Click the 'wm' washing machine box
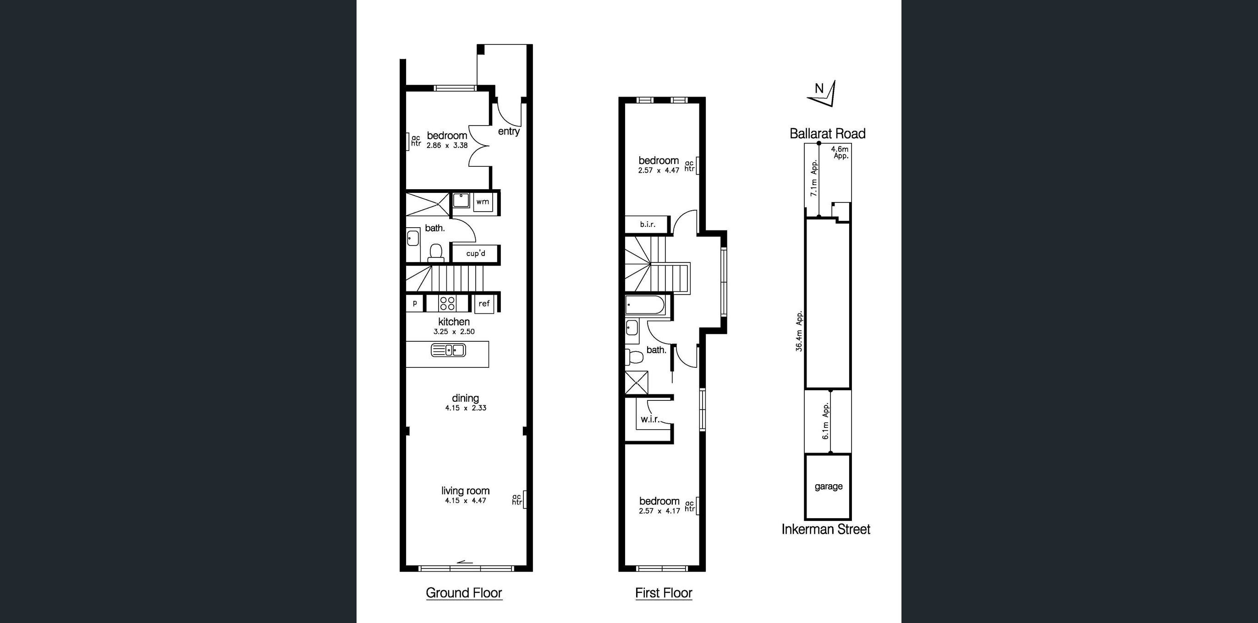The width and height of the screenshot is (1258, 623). [x=483, y=202]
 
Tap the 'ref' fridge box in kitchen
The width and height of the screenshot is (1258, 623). [x=483, y=304]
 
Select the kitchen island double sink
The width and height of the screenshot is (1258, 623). [x=448, y=350]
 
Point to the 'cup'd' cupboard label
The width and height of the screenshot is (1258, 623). [x=476, y=253]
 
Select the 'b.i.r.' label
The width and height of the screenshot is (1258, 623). [x=648, y=224]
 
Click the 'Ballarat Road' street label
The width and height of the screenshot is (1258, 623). [x=827, y=133]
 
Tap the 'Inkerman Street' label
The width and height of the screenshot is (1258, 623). [x=826, y=529]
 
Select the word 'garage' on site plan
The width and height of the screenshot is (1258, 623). [x=828, y=486]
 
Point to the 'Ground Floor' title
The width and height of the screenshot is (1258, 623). [x=464, y=593]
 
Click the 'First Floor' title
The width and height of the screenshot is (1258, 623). [x=664, y=593]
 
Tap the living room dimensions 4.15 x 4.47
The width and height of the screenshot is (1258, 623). [x=466, y=500]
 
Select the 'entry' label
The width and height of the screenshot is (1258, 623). [x=508, y=131]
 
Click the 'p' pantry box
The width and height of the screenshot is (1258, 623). [x=415, y=303]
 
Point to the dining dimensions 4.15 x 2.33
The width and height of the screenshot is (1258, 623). [x=466, y=408]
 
